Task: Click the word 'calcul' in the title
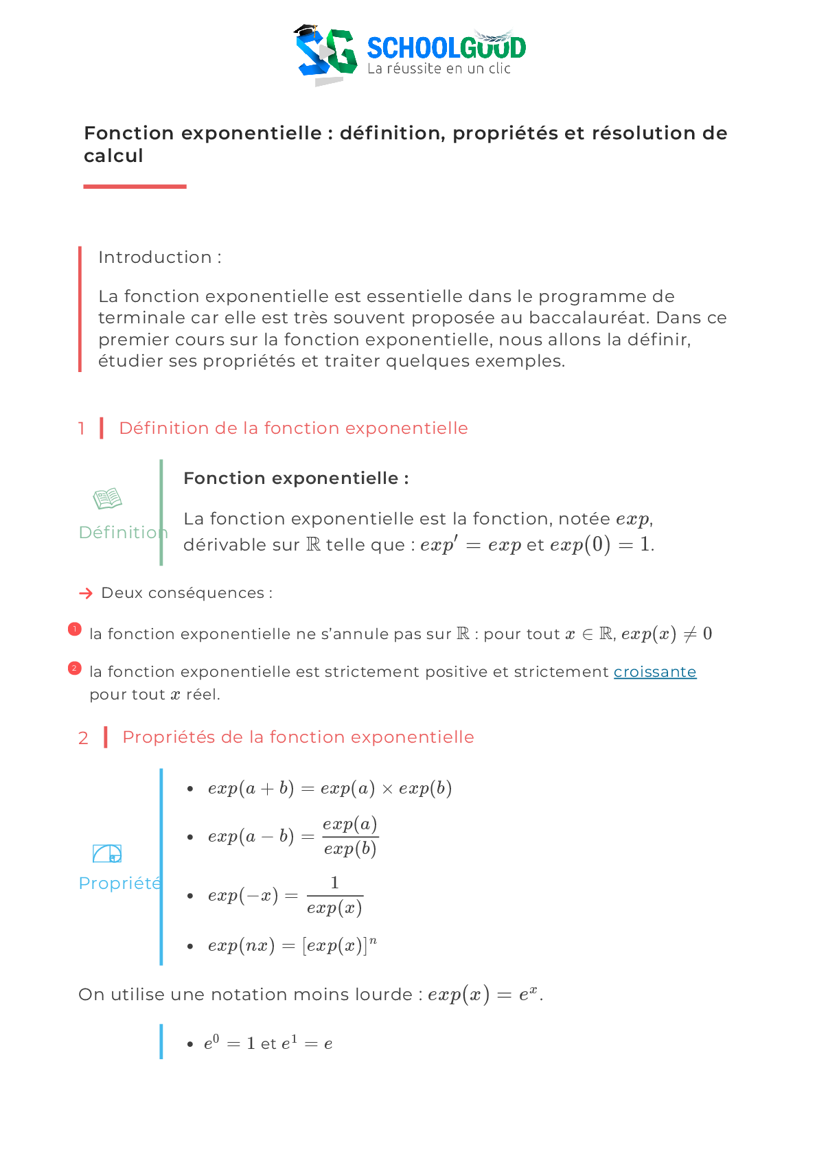point(113,156)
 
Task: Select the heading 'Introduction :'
point(159,257)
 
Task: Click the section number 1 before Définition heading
point(82,428)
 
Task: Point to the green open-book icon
point(108,498)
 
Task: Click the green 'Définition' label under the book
point(122,533)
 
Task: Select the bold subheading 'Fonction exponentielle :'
point(296,478)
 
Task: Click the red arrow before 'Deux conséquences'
point(86,593)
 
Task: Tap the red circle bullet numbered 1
point(75,629)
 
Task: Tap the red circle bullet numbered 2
point(75,668)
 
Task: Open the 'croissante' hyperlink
point(654,672)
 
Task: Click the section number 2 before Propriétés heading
point(83,738)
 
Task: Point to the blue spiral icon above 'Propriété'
point(107,853)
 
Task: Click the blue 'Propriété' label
point(120,883)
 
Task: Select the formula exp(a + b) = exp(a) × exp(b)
point(330,788)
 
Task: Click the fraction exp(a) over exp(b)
point(350,836)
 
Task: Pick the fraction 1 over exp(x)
point(334,895)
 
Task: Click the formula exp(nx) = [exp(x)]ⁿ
point(292,945)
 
